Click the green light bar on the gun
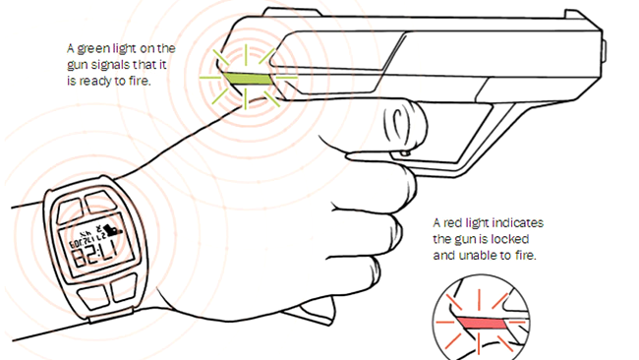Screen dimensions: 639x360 [247, 79]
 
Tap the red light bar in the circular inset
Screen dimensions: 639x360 [482, 324]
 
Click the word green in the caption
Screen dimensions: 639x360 [92, 49]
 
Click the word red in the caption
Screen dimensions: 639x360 [452, 223]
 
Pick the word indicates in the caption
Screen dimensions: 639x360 [518, 223]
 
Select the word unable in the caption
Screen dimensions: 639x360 [477, 256]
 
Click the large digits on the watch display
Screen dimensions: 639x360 [92, 258]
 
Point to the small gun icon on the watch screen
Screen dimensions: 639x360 [112, 228]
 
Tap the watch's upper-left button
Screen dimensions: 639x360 [69, 210]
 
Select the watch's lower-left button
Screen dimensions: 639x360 [93, 296]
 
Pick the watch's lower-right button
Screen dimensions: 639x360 [124, 288]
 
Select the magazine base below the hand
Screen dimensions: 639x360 [310, 311]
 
